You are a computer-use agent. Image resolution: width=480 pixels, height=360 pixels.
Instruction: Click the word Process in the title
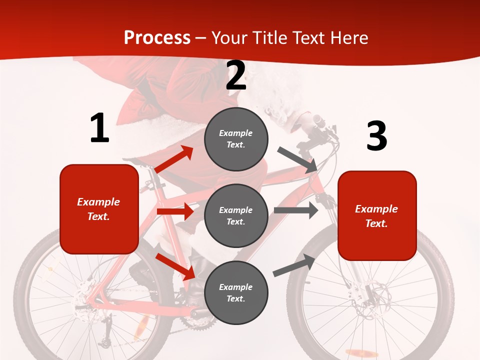point(157,37)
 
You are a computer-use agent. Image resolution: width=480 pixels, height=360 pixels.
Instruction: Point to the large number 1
point(99,128)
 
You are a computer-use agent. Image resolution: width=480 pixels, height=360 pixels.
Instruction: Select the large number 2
point(236,75)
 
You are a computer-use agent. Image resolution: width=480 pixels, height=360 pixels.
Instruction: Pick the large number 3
point(376,136)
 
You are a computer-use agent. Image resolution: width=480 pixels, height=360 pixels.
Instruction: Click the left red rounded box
point(99,209)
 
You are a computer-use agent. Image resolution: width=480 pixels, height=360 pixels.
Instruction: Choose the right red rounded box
point(377,215)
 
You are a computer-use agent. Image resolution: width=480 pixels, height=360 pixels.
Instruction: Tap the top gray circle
point(236,139)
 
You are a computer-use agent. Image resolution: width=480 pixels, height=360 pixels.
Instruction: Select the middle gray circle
point(236,215)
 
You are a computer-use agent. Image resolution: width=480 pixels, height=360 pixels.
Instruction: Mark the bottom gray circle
point(236,292)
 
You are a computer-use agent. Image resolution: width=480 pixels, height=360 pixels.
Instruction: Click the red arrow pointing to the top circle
point(174,159)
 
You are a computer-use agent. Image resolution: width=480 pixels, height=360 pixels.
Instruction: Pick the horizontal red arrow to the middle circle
point(175,211)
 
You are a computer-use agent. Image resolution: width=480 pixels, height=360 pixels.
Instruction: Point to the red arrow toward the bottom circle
point(175,266)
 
